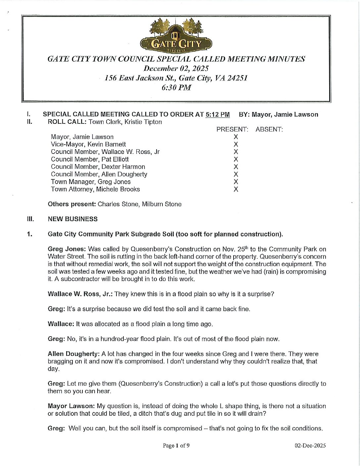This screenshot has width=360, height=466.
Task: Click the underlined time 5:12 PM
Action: coord(217,115)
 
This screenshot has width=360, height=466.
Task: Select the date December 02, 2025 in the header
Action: coord(176,69)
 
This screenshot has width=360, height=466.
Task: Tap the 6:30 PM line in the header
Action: coord(176,88)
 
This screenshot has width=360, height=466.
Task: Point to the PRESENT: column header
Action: coord(232,129)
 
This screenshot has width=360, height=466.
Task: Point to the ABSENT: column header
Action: coord(269,129)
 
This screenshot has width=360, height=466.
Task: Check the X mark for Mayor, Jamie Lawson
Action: coord(236,137)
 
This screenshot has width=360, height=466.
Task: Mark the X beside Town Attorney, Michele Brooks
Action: coord(236,189)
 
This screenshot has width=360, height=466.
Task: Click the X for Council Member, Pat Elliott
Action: coord(236,159)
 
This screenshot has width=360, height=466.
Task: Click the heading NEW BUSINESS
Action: coord(73,219)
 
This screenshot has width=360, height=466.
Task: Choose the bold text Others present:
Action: coord(72,204)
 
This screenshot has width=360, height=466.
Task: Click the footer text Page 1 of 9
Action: coord(176,445)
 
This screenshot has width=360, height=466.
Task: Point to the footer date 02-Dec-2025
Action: coord(310,445)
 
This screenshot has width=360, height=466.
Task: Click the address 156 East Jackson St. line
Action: coord(176,78)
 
